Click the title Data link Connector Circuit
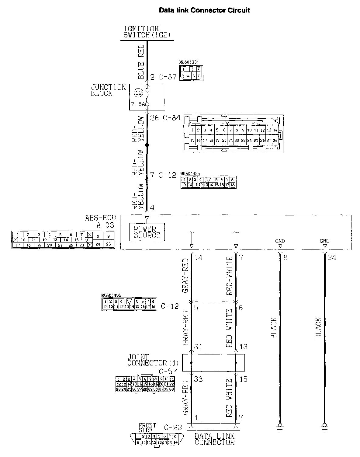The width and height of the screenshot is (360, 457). point(204,10)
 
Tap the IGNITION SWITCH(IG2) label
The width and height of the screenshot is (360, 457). point(146,32)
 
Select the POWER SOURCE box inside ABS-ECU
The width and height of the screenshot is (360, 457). point(147,232)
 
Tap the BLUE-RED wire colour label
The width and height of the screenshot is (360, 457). point(141,61)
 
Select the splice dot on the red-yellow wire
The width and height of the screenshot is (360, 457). point(147,145)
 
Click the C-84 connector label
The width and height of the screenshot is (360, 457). point(172,118)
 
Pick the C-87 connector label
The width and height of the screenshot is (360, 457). point(168,77)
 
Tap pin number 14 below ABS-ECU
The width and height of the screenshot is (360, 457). point(199,258)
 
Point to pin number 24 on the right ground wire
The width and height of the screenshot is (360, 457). point(332,258)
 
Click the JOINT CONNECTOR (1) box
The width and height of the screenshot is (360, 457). point(213,362)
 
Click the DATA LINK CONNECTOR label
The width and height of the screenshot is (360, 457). point(215,439)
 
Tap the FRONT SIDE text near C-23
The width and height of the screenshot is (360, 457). point(147,427)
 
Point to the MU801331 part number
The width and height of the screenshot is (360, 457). point(189,62)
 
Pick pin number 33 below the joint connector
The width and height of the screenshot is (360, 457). point(199,379)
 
